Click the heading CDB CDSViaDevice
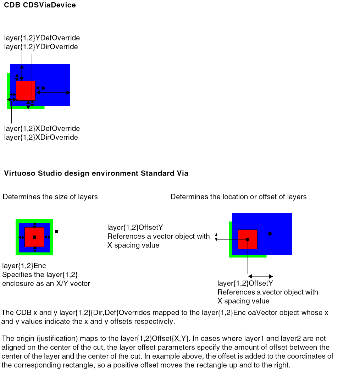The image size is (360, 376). coord(40,5)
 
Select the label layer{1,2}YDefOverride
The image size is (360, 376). coord(42,38)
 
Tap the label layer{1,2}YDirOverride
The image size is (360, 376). coord(41,47)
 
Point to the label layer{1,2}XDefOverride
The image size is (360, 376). coord(42,128)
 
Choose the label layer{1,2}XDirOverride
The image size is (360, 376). coord(41,137)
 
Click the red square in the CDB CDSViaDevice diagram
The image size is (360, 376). coord(26,90)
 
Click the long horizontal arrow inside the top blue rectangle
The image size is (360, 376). coord(53,93)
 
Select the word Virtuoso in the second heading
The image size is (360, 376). coord(18,173)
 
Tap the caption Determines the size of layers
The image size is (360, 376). coord(50,197)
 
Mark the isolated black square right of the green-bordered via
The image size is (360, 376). coord(56,231)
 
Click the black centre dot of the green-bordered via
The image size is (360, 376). coord(34,237)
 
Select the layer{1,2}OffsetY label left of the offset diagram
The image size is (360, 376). coord(135,227)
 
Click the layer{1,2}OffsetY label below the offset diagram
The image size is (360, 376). coord(245,283)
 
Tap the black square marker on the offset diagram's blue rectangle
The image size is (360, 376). coord(270,234)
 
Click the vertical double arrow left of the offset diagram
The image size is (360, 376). coord(216,237)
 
